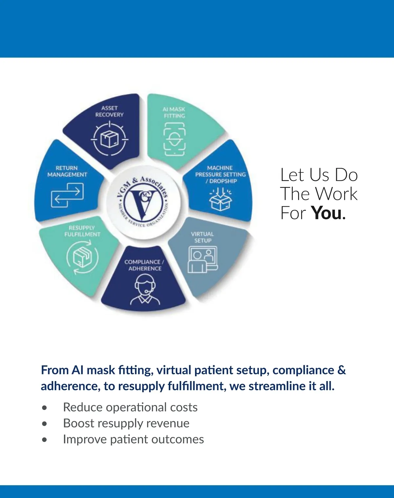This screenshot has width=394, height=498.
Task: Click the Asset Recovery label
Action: click(109, 111)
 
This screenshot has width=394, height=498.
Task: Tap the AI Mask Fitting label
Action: click(174, 112)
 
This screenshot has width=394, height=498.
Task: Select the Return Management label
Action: click(67, 171)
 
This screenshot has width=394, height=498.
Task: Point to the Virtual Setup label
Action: click(202, 237)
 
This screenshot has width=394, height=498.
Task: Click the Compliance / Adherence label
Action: click(144, 265)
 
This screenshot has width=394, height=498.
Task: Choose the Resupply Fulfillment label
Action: click(82, 231)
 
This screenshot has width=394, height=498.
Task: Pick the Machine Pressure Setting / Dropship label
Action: click(220, 174)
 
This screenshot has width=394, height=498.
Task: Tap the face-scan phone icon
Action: click(174, 139)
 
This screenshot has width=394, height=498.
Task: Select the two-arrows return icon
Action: click(67, 195)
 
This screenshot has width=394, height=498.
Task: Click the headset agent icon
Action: click(145, 289)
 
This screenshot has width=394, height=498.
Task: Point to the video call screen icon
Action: click(203, 260)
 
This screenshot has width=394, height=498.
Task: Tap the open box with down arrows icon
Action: click(220, 199)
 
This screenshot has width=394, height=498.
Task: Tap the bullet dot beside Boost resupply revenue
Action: click(44, 424)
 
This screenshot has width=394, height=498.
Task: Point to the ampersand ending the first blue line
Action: click(341, 370)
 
